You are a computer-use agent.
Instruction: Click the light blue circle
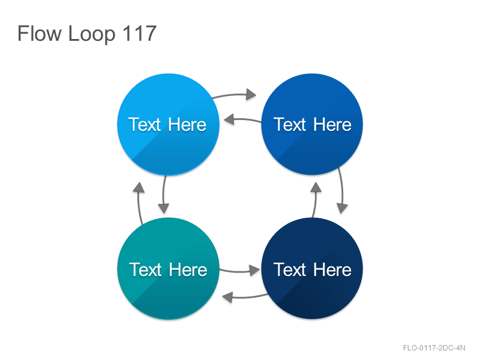(168, 124)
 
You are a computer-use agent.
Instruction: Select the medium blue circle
(312, 124)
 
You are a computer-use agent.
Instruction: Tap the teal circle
(168, 268)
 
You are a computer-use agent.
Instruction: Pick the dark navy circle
(312, 268)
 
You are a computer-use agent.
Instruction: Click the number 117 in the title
(139, 34)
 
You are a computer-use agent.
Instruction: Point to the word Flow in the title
(40, 34)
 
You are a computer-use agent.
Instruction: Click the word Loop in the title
(92, 35)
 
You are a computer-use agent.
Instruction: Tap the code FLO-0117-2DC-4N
(434, 348)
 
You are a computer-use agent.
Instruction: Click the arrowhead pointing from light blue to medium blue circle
(251, 94)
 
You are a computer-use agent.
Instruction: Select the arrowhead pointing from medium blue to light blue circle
(229, 119)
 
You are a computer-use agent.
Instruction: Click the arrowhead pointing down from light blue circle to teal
(163, 208)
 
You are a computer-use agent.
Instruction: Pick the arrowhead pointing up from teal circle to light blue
(139, 187)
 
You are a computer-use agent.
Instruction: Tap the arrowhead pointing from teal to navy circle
(254, 271)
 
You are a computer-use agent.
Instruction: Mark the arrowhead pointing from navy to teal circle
(227, 297)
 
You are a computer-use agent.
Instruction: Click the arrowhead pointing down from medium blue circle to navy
(342, 208)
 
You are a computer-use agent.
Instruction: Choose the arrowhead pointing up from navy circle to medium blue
(316, 187)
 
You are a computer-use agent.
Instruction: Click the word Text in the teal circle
(145, 269)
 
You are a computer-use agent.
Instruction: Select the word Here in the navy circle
(332, 269)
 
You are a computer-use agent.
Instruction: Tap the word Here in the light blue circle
(187, 125)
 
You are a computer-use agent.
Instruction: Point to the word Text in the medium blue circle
(290, 125)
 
